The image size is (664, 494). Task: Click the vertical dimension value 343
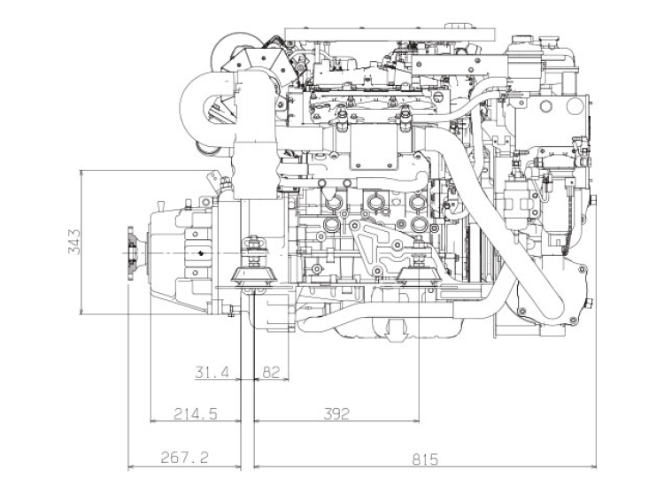tap(75, 242)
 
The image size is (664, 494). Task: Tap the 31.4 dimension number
tap(212, 373)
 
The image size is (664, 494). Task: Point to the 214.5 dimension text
tap(196, 413)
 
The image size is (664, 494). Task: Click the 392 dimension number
tap(336, 413)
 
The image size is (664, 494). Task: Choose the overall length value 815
tap(423, 459)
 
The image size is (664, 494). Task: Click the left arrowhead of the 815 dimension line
tap(258, 466)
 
